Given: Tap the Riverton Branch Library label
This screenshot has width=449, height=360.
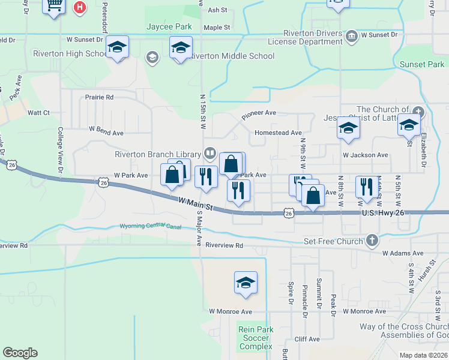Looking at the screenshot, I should point(158,154).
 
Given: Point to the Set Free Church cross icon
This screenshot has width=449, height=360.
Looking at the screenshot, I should point(372,241).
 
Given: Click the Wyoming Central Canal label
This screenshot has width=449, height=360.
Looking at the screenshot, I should point(151,226).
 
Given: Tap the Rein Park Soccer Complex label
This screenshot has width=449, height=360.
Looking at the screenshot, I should point(256,338).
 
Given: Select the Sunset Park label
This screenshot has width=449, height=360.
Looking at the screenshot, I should point(421,64).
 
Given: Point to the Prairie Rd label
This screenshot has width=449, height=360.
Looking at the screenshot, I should point(99,97).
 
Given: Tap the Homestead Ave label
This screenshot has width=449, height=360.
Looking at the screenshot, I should point(278,133).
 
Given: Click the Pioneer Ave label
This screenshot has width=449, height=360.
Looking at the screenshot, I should point(259,113).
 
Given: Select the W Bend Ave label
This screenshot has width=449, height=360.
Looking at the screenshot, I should point(106,129).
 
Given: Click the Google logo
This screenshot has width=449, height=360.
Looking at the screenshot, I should point(20,353).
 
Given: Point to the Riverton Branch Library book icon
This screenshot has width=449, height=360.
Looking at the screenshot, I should point(209,153).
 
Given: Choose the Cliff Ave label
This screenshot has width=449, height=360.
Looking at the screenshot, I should point(307,339).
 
